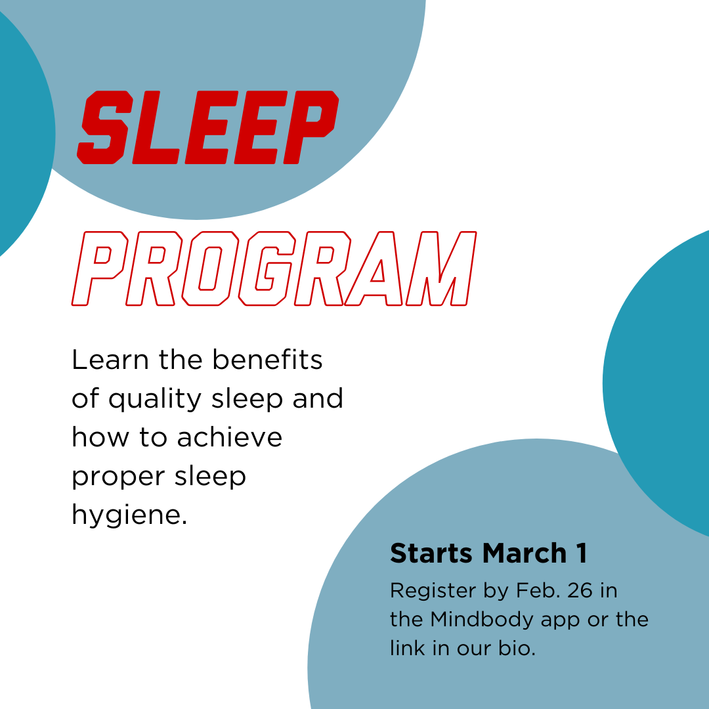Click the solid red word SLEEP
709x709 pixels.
tap(208, 127)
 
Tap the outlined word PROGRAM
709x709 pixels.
tap(274, 269)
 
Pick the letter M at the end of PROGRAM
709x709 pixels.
tap(440, 269)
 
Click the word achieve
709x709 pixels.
tap(229, 437)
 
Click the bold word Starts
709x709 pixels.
tap(431, 553)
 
